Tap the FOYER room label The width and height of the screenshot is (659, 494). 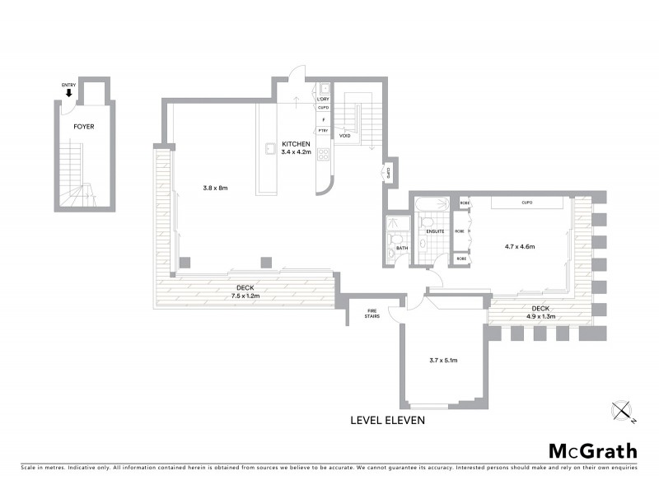[83, 128]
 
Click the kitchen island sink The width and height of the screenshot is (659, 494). [269, 150]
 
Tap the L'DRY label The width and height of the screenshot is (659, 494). [324, 100]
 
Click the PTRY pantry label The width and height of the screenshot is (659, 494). [324, 130]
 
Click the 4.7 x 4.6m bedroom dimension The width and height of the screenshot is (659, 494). [520, 245]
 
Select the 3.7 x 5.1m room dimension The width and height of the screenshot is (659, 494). [443, 361]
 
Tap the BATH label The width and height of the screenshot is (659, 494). [402, 248]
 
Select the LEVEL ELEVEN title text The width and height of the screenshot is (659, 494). [387, 420]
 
